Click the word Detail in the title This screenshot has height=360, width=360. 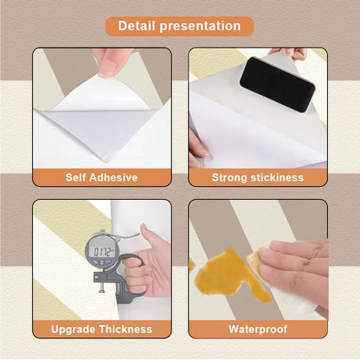pyautogui.click(x=136, y=26)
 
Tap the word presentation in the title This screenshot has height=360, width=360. pyautogui.click(x=200, y=27)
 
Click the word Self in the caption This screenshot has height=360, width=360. pyautogui.click(x=75, y=177)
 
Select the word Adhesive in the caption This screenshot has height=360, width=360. pyautogui.click(x=113, y=177)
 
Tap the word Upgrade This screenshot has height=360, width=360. pyautogui.click(x=74, y=330)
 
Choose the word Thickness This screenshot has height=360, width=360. pyautogui.click(x=125, y=329)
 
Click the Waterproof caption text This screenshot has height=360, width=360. pyautogui.click(x=258, y=329)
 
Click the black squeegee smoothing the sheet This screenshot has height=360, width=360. pyautogui.click(x=277, y=84)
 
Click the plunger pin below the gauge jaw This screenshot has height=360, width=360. pyautogui.click(x=101, y=287)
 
